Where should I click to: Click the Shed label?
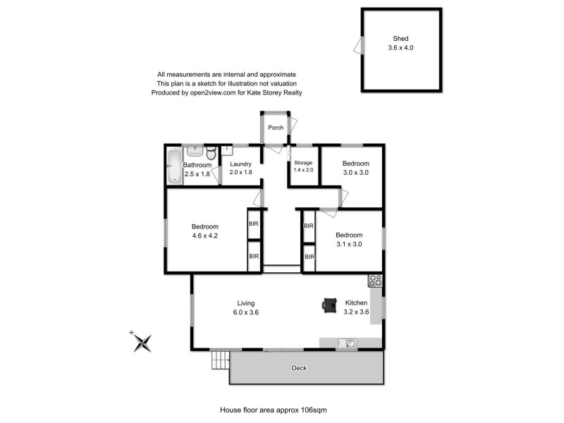tap(401, 39)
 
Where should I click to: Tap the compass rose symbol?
tap(144, 343)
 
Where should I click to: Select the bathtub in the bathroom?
tap(173, 167)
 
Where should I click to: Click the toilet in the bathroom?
tap(210, 154)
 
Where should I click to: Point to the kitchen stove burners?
tap(374, 281)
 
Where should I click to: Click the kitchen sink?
tap(347, 343)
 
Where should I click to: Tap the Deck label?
tap(299, 368)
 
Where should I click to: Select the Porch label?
tap(276, 128)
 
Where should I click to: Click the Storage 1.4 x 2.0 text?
tap(303, 171)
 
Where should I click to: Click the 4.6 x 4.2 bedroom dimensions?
tap(205, 236)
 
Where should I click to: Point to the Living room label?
tap(245, 302)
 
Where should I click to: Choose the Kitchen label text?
tap(355, 302)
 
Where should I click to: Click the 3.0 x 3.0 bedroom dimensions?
tap(356, 172)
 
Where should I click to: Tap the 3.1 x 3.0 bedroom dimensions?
tap(349, 244)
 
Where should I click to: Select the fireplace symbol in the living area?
tap(329, 304)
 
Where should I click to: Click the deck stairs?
tap(220, 362)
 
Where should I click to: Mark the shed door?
tap(359, 46)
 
